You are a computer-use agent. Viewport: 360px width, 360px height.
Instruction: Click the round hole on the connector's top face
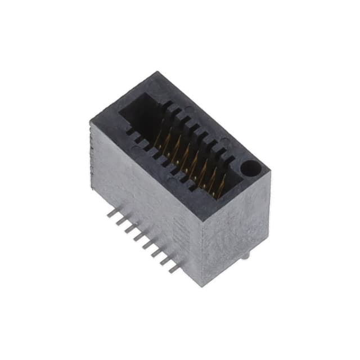[x=249, y=168]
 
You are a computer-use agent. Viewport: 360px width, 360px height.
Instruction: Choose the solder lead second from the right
[x=165, y=260]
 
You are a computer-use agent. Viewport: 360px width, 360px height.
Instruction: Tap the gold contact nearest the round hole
[x=221, y=186]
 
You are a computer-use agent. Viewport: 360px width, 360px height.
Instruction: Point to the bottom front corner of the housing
[x=201, y=285]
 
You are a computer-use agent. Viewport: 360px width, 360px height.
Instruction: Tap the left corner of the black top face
[x=91, y=120]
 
